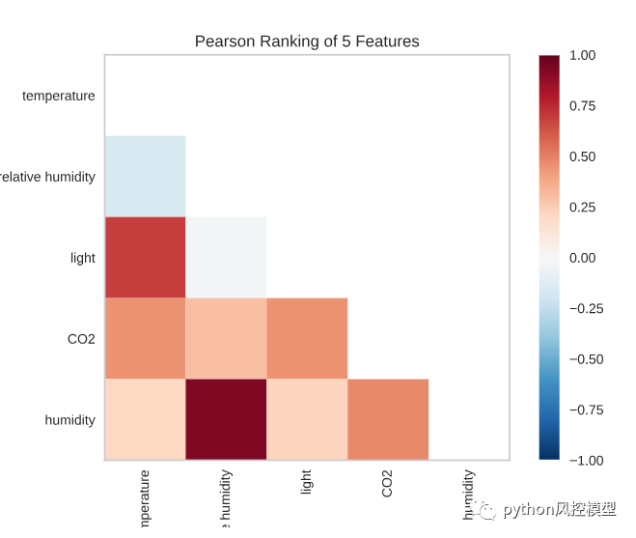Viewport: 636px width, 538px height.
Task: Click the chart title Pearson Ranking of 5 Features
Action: point(307,42)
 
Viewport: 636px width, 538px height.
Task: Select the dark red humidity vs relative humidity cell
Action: point(226,419)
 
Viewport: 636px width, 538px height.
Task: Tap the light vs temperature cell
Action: point(145,257)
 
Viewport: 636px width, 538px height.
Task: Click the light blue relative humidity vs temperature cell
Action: point(145,176)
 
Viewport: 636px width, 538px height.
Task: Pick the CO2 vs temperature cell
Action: point(145,338)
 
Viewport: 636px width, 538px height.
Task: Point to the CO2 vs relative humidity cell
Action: point(226,338)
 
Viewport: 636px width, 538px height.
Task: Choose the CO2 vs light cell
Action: point(307,338)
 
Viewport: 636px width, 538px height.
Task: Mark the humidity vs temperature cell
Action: point(145,419)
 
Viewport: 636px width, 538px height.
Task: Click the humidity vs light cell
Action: point(307,419)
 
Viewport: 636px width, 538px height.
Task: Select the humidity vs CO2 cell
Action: point(388,419)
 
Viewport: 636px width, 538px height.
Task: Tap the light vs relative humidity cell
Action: point(226,257)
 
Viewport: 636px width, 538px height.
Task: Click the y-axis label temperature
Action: point(59,96)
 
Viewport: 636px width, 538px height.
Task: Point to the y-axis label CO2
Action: point(80,339)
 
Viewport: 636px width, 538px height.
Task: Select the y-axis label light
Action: point(83,258)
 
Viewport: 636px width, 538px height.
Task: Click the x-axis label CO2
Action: point(388,483)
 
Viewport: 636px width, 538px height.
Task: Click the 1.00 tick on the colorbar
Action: point(582,56)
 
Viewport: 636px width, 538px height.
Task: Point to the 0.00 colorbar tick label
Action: point(582,258)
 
